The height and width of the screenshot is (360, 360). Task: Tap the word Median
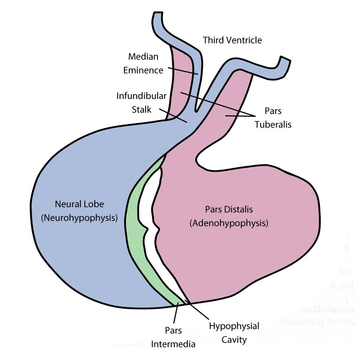(143, 57)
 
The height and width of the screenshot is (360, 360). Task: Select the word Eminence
(143, 70)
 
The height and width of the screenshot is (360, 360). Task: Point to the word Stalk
(142, 109)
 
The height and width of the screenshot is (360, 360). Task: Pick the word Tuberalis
(273, 125)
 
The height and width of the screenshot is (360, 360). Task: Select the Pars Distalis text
(229, 209)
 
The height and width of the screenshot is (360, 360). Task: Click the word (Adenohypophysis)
(229, 223)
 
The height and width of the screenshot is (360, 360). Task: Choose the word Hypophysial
(234, 326)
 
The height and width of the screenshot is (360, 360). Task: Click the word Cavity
(234, 340)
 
